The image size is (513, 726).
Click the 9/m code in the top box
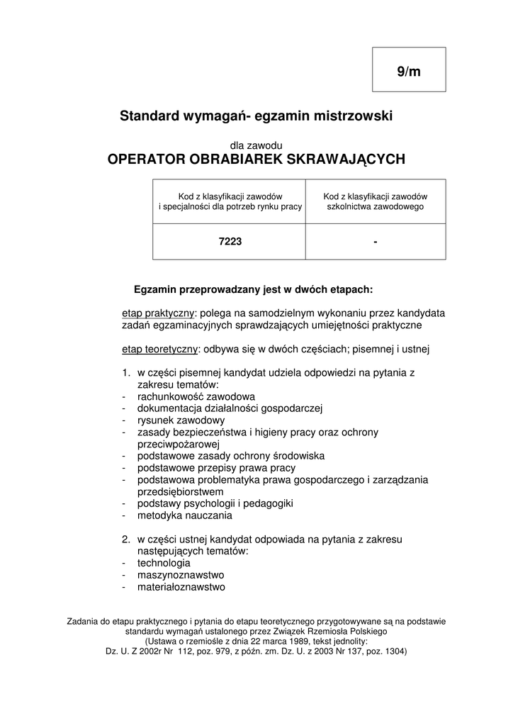pos(409,72)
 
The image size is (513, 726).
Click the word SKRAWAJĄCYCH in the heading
pos(345,160)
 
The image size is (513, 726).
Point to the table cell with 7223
pos(230,242)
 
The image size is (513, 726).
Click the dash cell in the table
pos(375,242)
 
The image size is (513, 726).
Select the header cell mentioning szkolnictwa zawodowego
pos(375,201)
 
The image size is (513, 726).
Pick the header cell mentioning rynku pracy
pos(230,201)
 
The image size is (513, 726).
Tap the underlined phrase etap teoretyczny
pos(160,349)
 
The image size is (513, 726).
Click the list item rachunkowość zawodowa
pos(196,396)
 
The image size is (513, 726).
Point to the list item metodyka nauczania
pos(185,515)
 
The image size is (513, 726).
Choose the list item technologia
pos(164,563)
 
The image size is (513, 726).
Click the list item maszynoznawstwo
pos(181,575)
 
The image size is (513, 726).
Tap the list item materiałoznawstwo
pos(181,587)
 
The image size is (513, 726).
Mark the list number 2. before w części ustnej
pos(126,540)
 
